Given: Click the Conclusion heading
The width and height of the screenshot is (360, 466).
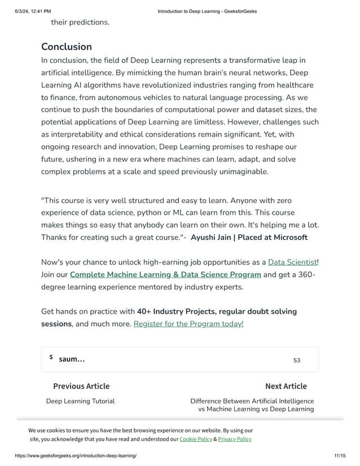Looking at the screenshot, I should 67,47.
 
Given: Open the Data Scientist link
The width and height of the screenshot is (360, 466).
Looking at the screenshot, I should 292,262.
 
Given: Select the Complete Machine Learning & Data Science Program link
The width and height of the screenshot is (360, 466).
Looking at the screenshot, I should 165,275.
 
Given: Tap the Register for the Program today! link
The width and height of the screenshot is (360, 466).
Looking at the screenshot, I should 188,324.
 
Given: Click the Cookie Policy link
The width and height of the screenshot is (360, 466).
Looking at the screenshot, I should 196,439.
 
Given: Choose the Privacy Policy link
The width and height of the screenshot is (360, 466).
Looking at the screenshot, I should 235,439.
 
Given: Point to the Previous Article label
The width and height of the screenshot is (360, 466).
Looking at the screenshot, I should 81,386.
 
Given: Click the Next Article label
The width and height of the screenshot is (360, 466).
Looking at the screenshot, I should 286,386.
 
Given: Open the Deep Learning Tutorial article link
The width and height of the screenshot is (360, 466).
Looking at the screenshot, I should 80,401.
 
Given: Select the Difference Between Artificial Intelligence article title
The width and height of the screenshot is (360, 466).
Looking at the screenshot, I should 252,401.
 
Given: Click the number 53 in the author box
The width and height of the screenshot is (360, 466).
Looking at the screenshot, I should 297,361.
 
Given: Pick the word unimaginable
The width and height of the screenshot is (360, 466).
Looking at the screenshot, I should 239,172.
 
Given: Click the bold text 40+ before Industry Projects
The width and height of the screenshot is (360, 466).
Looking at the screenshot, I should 146,311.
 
